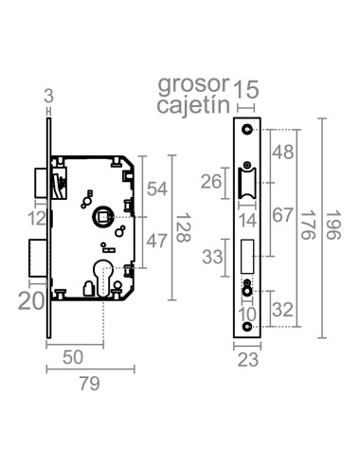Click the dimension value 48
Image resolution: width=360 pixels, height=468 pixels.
pyautogui.click(x=281, y=152)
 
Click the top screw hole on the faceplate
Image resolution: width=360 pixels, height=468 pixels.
pyautogui.click(x=247, y=128)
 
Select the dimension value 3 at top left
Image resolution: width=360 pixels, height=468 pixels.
pyautogui.click(x=48, y=93)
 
